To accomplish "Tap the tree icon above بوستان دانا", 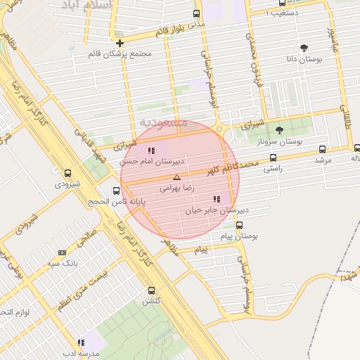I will pyautogui.click(x=304, y=48).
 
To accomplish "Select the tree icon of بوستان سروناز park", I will pyautogui.click(x=279, y=129).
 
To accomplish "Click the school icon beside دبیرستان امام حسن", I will pyautogui.click(x=151, y=150).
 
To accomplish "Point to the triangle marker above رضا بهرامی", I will pyautogui.click(x=176, y=177).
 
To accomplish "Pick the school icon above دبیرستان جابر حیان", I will pyautogui.click(x=216, y=199).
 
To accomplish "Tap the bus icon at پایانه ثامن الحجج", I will pyautogui.click(x=116, y=191).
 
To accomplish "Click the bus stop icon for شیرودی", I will pyautogui.click(x=68, y=173).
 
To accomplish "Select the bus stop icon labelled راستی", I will pyautogui.click(x=273, y=157).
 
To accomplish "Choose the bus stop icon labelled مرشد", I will pyautogui.click(x=322, y=149).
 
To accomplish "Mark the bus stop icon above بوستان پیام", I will pyautogui.click(x=240, y=226).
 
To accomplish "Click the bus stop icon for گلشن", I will pyautogui.click(x=151, y=290).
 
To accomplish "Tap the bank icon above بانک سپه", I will pyautogui.click(x=63, y=252).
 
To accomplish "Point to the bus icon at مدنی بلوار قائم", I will pyautogui.click(x=195, y=13).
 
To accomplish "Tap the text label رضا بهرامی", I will pyautogui.click(x=176, y=188).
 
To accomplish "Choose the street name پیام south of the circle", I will pyautogui.click(x=202, y=250).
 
